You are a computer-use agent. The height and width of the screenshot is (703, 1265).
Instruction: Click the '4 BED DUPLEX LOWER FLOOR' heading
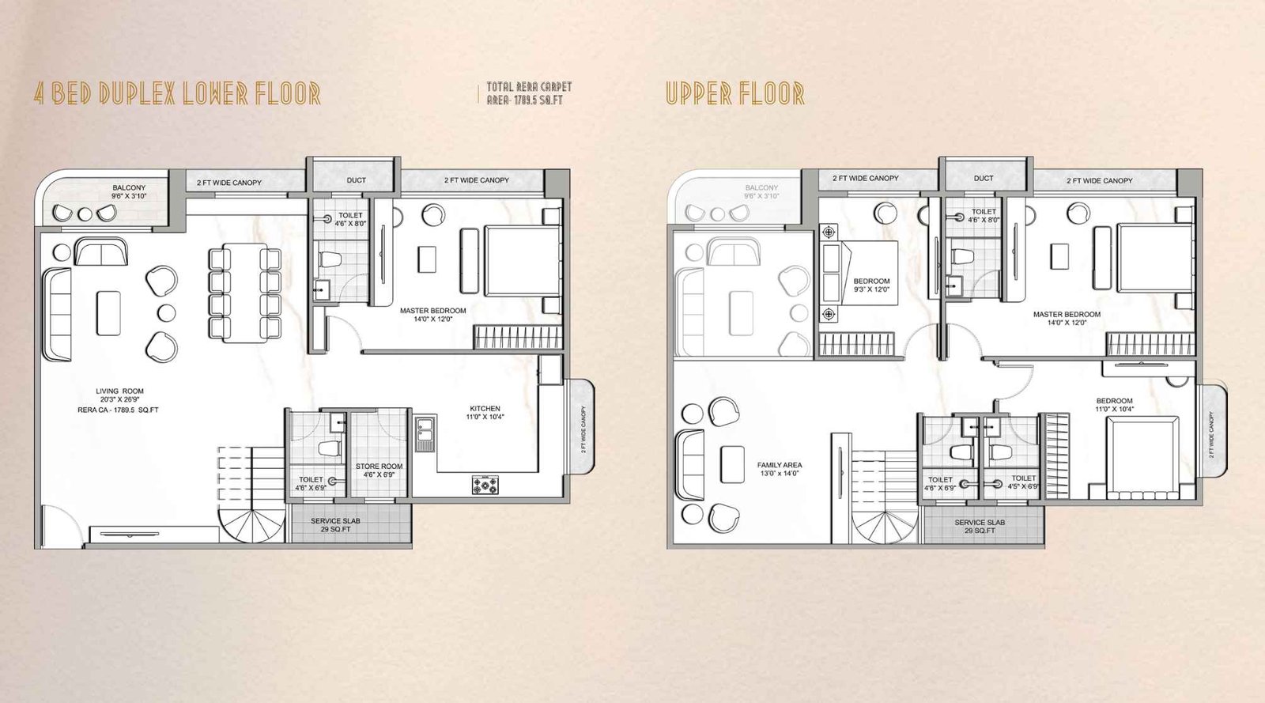pos(177,93)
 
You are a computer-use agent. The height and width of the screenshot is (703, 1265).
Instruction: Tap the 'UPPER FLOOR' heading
pos(734,93)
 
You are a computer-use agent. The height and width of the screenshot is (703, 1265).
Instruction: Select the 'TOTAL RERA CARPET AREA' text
pos(528,93)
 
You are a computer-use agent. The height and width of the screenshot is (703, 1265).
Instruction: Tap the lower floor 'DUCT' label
pos(357,180)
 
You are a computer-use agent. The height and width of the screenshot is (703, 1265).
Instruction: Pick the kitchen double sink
pos(425,434)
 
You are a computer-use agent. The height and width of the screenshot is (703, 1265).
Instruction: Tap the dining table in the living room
pos(245,293)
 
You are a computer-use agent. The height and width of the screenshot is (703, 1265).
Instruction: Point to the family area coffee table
pos(732,464)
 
